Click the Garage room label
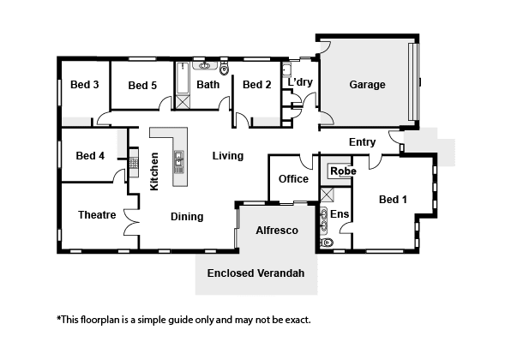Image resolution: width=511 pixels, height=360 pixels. pyautogui.click(x=367, y=85)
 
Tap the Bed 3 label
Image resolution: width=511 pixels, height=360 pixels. pyautogui.click(x=84, y=85)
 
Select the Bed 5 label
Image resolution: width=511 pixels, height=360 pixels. pyautogui.click(x=142, y=86)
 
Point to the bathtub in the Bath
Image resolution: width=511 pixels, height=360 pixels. pyautogui.click(x=183, y=78)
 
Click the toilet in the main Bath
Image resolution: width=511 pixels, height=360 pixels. pyautogui.click(x=225, y=68)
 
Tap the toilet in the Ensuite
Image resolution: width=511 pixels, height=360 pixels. pyautogui.click(x=327, y=243)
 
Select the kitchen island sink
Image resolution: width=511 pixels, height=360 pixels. pyautogui.click(x=179, y=162)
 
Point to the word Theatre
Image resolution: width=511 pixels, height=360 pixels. pyautogui.click(x=97, y=215)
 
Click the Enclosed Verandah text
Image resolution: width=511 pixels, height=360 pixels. pyautogui.click(x=255, y=273)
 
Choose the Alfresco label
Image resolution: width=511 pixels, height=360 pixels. pyautogui.click(x=277, y=231)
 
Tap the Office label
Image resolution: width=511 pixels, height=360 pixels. pyautogui.click(x=293, y=179)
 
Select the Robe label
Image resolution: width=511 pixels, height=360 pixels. pyautogui.click(x=343, y=171)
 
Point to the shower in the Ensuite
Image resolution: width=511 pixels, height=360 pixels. pyautogui.click(x=327, y=195)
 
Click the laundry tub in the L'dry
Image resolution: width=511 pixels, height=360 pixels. pyautogui.click(x=286, y=70)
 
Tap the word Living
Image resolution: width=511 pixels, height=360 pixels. pyautogui.click(x=228, y=156)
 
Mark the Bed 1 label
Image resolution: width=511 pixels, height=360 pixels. pyautogui.click(x=393, y=200)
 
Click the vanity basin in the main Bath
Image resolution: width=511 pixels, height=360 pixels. pyautogui.click(x=205, y=66)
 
